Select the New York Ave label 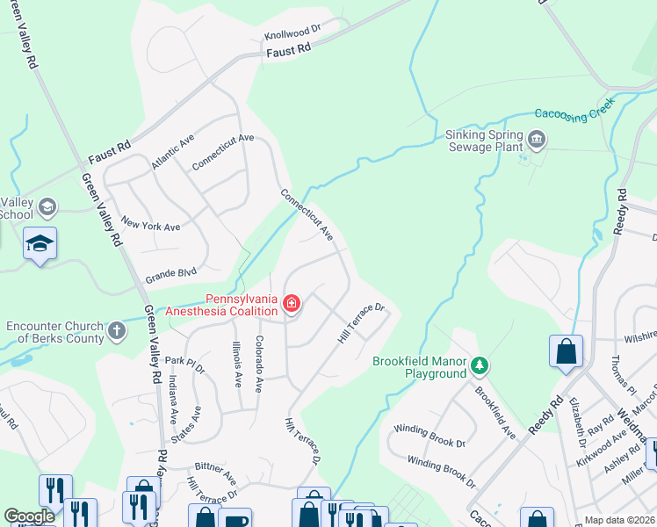pos(150,225)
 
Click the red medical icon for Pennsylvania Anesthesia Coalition pos(291,305)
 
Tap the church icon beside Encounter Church pos(116,332)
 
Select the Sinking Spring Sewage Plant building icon pos(536,139)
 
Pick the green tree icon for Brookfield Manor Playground pos(479,364)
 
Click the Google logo pos(29,517)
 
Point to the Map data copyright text pos(620,520)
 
